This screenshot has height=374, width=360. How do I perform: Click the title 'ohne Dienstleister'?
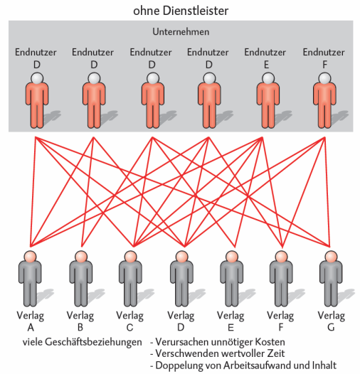point(181,11)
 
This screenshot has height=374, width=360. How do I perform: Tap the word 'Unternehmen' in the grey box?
point(181,32)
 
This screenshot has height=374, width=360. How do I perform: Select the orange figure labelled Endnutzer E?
point(268,100)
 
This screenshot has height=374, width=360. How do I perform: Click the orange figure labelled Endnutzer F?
point(324,100)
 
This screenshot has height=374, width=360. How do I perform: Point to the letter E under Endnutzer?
point(266,65)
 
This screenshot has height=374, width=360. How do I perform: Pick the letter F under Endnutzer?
point(324,65)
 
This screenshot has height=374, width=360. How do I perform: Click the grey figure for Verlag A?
point(30,279)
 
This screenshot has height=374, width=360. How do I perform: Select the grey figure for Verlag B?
point(81,279)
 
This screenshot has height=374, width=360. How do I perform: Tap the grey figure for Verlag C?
point(130,279)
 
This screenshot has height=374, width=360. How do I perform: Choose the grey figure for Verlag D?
point(181,279)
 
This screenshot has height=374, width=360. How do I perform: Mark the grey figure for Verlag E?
point(231,279)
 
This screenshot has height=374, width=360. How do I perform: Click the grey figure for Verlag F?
point(281,279)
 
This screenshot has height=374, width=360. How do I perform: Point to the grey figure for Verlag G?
point(331,279)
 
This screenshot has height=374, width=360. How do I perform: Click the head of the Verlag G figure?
point(331,257)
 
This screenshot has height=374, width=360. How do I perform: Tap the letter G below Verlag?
point(331,328)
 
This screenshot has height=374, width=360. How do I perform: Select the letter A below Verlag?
point(31,328)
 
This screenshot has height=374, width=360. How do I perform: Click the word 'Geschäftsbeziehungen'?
point(93,342)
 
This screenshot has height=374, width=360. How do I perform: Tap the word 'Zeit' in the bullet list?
point(276,353)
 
